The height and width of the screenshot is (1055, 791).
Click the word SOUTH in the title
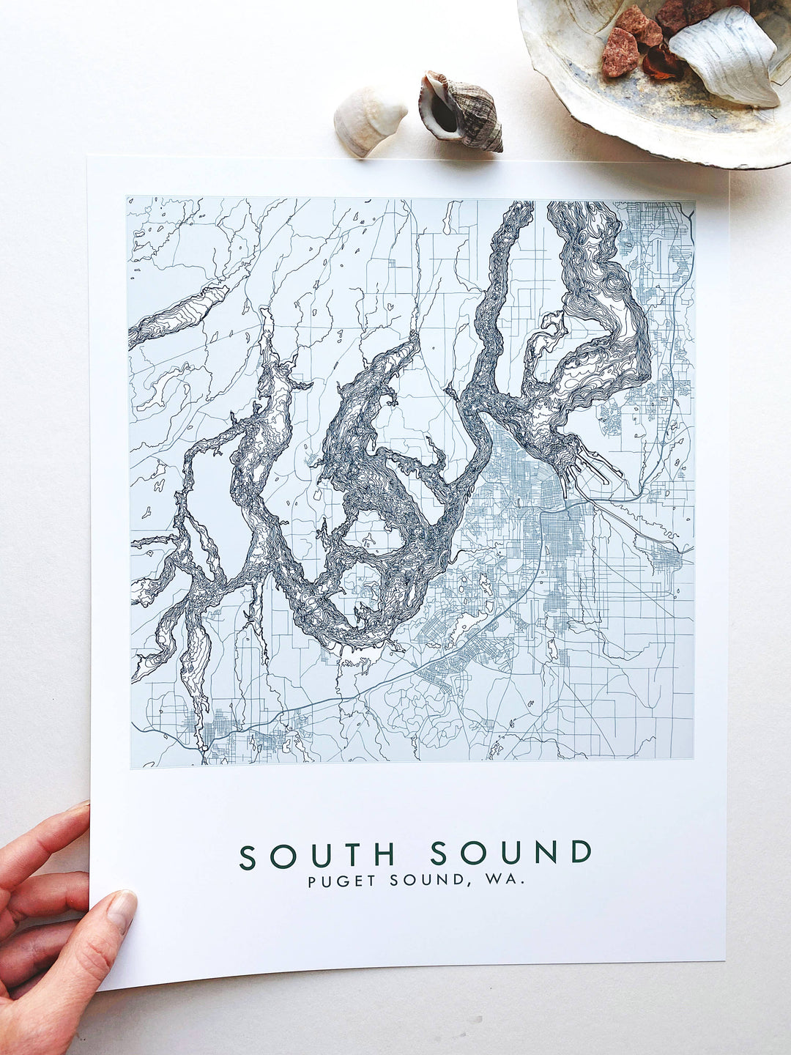click(317, 854)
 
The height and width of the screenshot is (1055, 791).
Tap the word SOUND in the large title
click(510, 853)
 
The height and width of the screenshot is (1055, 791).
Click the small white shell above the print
click(368, 119)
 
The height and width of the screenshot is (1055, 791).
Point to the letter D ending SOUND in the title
click(581, 853)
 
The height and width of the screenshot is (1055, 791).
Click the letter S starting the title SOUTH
click(248, 854)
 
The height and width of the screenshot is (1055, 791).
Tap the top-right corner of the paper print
click(727, 171)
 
